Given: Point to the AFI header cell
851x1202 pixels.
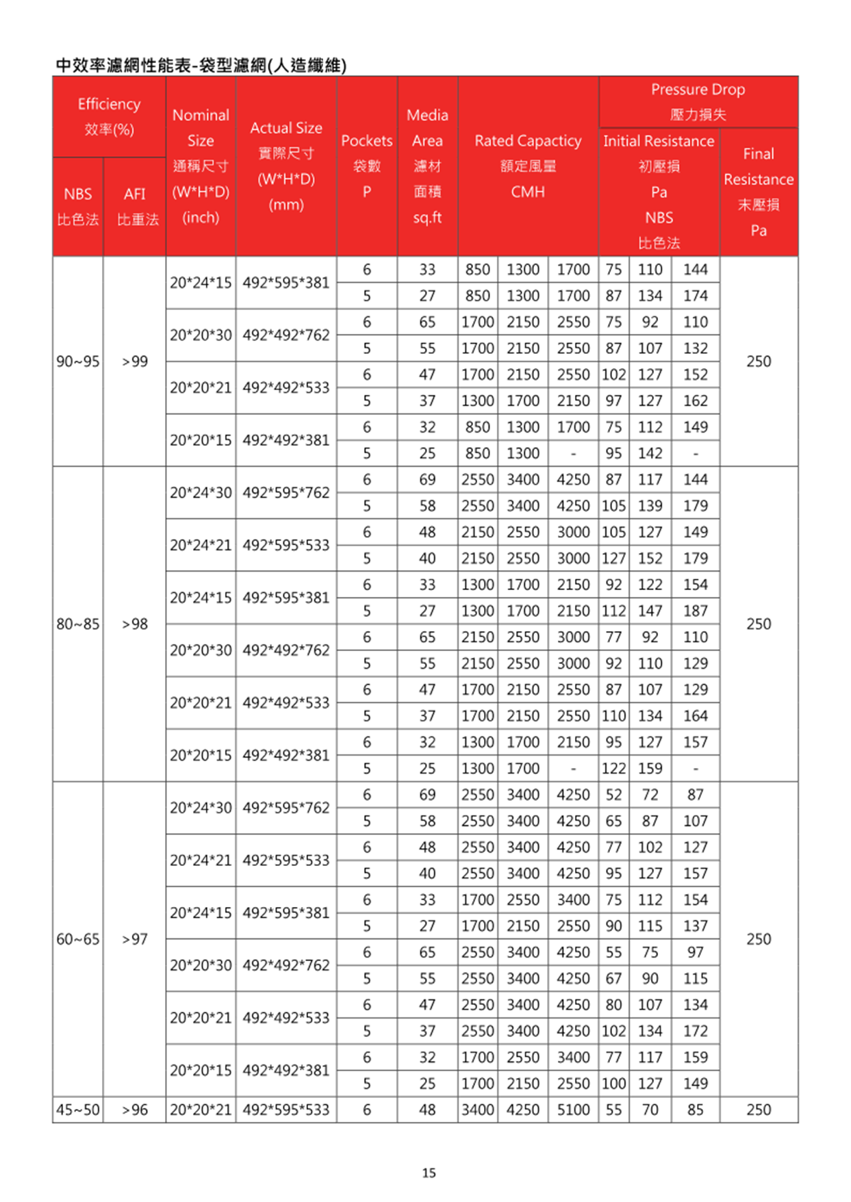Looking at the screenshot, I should [x=135, y=206].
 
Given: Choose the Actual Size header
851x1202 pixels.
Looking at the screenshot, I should [x=286, y=166].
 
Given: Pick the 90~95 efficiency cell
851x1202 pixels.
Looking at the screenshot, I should [x=77, y=361].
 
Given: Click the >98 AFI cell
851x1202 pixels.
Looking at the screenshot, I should [x=135, y=624].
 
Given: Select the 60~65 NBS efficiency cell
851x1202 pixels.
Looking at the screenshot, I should [x=77, y=938].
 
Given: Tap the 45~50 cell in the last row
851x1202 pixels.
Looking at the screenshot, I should [x=77, y=1110].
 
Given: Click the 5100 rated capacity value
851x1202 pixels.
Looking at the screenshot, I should [x=573, y=1110].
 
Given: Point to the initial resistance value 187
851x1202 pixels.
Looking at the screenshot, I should [x=695, y=611].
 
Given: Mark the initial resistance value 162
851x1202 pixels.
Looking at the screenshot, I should [x=695, y=400].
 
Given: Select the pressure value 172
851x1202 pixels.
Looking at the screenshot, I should [x=695, y=1031].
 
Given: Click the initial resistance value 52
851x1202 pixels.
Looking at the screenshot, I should [x=613, y=795].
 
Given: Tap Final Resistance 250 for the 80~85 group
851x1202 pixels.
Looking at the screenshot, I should [x=758, y=624].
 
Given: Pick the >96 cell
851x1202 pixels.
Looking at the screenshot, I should [x=135, y=1110].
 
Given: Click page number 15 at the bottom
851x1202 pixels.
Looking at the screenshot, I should [x=429, y=1173].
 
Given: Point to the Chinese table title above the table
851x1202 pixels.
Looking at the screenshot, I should [x=201, y=65].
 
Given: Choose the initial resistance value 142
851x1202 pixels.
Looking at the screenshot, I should [x=650, y=453].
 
